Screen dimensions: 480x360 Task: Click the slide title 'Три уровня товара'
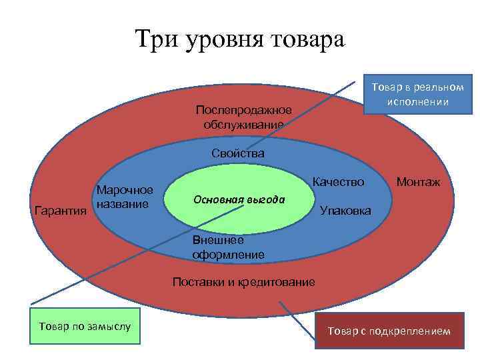[240, 39]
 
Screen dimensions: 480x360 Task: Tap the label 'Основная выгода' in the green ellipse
[239, 199]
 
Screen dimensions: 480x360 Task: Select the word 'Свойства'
[238, 153]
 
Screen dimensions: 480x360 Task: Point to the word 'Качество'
[338, 181]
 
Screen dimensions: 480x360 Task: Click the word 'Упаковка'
[345, 211]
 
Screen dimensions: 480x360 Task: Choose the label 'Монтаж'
[418, 181]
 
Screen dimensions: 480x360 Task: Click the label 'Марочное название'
[125, 197]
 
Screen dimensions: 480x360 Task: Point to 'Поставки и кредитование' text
[243, 281]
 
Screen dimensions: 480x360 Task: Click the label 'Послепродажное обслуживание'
[244, 117]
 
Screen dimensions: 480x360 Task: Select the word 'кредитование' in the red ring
[279, 281]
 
